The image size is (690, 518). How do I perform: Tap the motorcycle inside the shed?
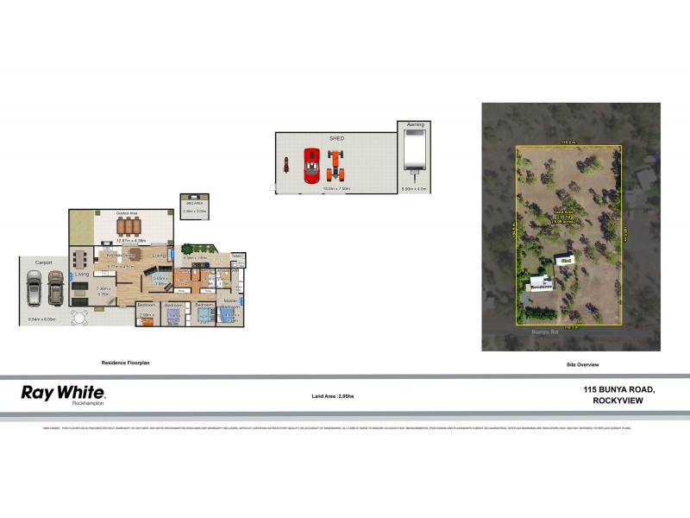pos(285,164)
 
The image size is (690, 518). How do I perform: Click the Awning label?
pos(415,125)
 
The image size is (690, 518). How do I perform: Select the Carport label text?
pos(45,262)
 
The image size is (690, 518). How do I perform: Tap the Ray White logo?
pos(63,393)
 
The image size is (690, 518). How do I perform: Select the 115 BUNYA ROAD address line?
pos(619,390)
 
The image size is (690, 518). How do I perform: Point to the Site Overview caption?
pos(582,365)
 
